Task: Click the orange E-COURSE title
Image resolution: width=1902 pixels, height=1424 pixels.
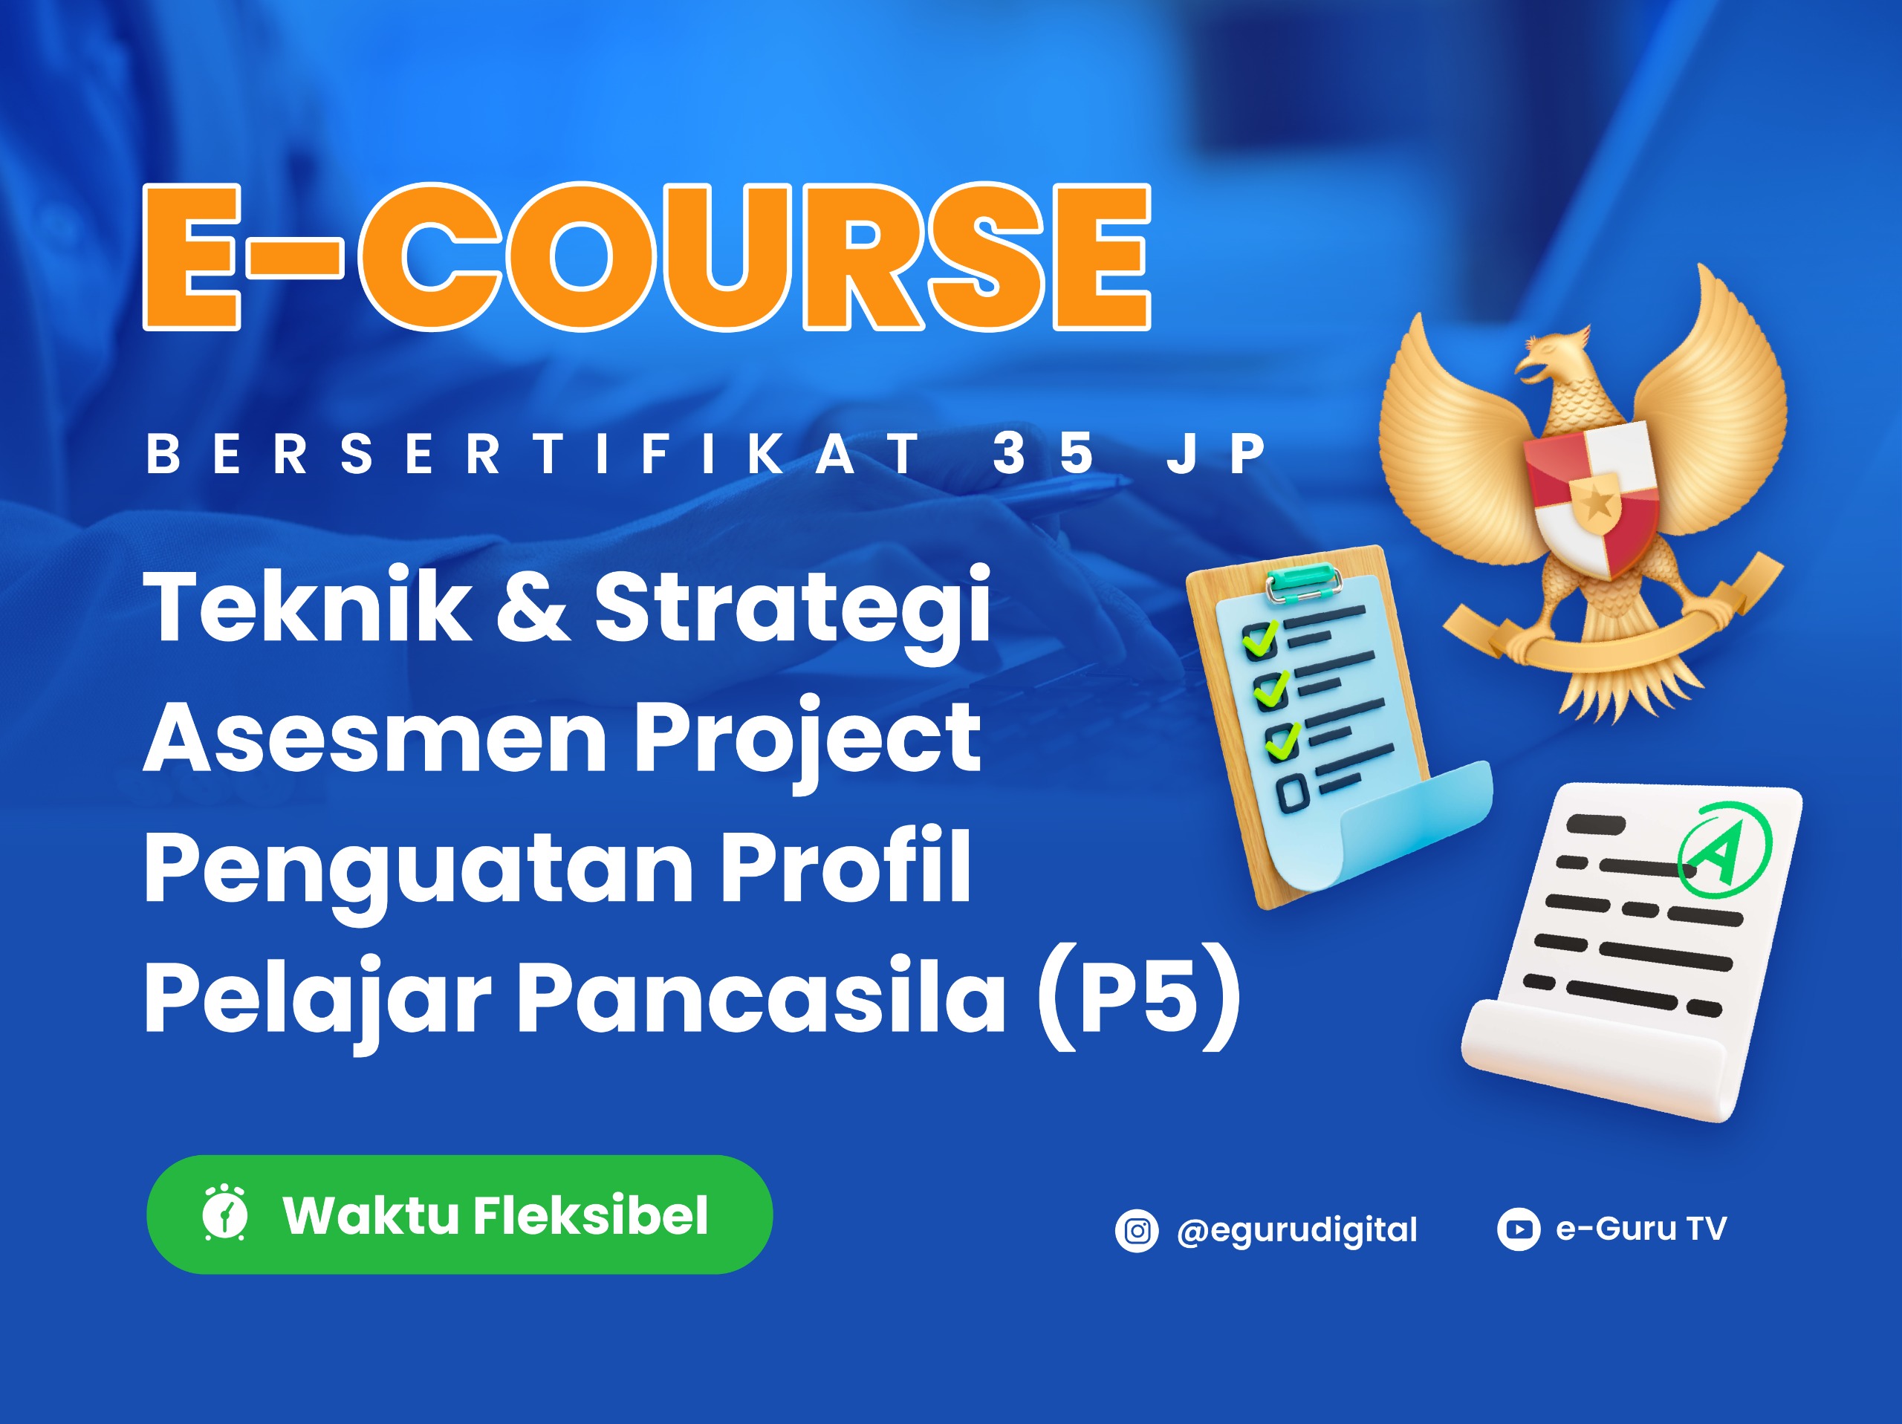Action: point(646,256)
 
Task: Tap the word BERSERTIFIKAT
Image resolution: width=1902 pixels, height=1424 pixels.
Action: point(533,453)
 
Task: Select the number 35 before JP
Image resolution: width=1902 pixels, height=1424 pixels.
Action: point(1043,453)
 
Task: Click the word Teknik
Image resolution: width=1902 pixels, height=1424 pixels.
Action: point(308,606)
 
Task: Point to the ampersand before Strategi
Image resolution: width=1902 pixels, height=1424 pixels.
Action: point(533,606)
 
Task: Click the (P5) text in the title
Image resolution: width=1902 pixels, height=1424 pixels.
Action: point(1139,998)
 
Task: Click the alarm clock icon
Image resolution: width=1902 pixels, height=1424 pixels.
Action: point(225,1213)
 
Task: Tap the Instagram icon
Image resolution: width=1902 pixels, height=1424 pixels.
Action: point(1137,1232)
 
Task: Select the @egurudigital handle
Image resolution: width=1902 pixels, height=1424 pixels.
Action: point(1296,1232)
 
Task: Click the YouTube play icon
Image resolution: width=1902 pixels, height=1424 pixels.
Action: point(1519,1229)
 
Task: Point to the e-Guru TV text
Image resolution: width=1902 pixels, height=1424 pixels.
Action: point(1640,1228)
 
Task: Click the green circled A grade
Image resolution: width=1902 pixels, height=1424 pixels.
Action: point(1723,850)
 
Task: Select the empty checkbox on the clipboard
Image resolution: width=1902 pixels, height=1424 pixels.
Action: point(1292,792)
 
